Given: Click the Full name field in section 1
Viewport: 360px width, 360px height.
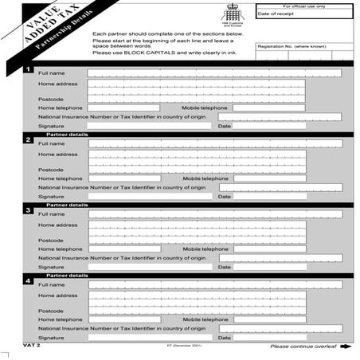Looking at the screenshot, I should tap(215, 73).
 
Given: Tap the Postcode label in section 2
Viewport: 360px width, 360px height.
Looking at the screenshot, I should tap(50, 169).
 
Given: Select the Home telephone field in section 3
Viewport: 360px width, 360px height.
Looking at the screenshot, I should tap(124, 249).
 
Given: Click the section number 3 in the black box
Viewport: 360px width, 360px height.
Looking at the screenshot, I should tap(29, 211).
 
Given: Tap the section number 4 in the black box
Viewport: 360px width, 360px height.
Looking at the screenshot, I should tap(29, 281).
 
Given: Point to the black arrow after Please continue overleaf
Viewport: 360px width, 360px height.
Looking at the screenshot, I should tap(345, 346).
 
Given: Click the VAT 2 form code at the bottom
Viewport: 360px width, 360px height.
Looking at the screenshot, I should tap(33, 346).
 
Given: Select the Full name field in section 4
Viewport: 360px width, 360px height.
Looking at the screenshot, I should tap(215, 284).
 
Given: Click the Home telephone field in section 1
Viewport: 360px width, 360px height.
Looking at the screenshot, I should tap(124, 108).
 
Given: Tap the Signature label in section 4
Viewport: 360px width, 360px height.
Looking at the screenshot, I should tap(51, 337).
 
